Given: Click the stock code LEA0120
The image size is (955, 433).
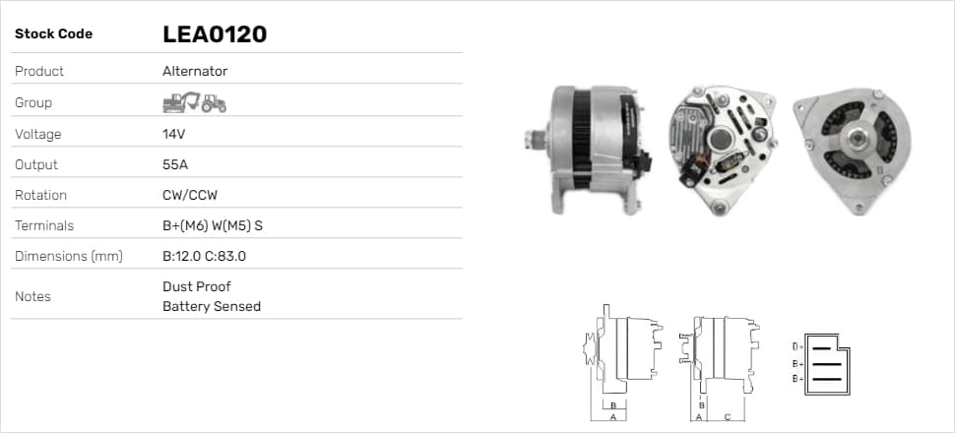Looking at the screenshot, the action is tap(215, 34).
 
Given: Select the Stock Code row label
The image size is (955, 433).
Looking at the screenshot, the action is tap(53, 34).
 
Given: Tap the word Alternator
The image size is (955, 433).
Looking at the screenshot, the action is tap(195, 71).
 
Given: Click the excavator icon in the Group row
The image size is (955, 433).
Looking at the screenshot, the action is tap(181, 102).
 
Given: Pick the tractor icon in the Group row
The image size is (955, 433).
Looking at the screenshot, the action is tap(214, 103).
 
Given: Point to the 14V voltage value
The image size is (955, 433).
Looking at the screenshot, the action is tap(173, 134).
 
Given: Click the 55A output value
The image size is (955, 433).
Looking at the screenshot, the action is tap(175, 164).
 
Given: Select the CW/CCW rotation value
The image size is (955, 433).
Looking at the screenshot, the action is tap(190, 195).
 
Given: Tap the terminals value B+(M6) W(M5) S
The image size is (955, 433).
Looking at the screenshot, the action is tap(213, 226).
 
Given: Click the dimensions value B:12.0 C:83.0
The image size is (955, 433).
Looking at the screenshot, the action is tap(204, 257).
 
